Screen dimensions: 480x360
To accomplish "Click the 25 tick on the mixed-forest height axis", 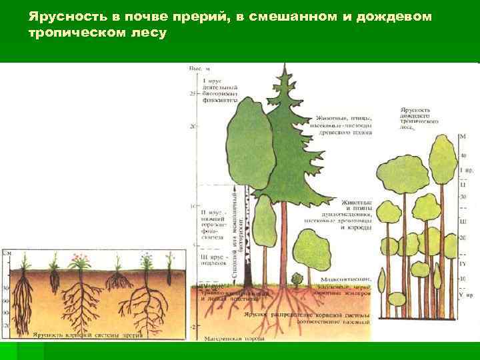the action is pyautogui.click(x=193, y=94).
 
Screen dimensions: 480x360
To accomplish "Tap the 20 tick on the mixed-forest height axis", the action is pyautogui.click(x=193, y=126).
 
